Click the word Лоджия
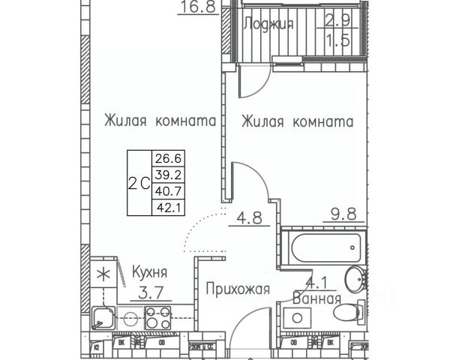click(269, 24)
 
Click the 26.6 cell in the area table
click(169, 159)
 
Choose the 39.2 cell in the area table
click(169, 173)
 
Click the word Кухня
click(149, 271)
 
